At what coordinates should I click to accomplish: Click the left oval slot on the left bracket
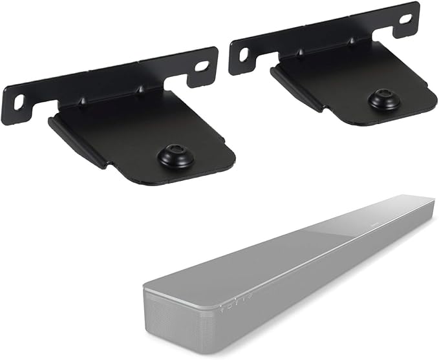[x=19, y=101]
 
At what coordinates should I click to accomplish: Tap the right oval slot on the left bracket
[x=202, y=66]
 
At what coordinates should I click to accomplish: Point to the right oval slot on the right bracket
[x=405, y=19]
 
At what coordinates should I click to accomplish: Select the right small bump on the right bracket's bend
[x=353, y=41]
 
